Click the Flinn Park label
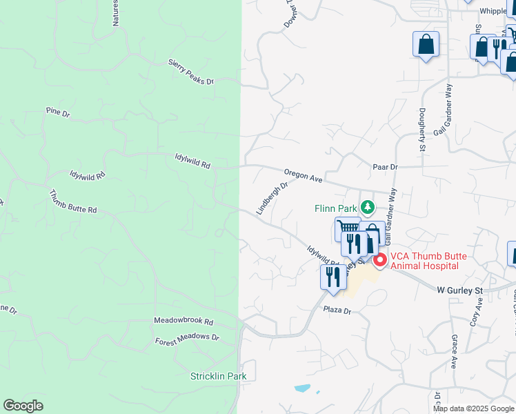335,208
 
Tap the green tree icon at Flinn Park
368,206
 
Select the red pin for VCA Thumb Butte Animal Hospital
379,262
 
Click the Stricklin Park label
218,376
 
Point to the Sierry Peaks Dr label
191,72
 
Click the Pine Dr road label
58,111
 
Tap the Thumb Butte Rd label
73,201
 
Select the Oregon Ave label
304,176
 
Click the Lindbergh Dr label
272,199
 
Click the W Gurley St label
460,291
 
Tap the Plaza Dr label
338,311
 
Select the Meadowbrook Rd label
183,322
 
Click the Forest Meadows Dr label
186,339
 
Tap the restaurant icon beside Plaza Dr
334,277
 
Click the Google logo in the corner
23,406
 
